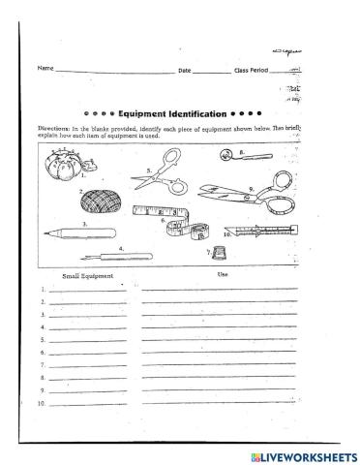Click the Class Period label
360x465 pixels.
(x=253, y=70)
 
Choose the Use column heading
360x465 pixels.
(x=220, y=275)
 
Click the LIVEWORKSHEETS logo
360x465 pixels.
(x=303, y=455)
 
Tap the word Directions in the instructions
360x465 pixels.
(x=55, y=128)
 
